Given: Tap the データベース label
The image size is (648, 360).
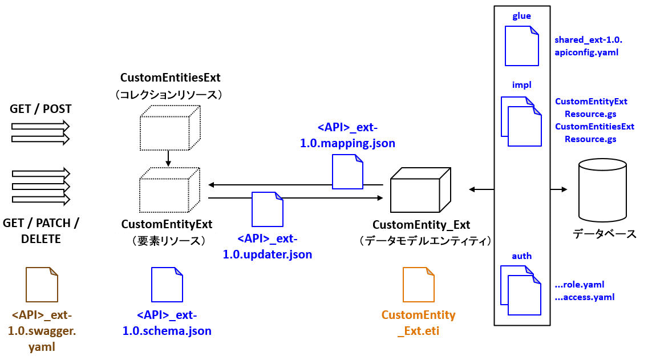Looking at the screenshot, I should [x=604, y=234].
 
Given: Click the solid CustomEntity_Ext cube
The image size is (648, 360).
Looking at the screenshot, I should [x=420, y=191].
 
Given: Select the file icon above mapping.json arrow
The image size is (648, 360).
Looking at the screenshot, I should [x=347, y=172].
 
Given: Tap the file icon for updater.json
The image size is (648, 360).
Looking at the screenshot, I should [x=268, y=209].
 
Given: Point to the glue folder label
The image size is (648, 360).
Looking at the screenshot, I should [x=521, y=16].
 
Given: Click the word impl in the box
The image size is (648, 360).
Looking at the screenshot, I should [x=521, y=85].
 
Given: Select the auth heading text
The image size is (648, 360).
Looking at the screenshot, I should [x=521, y=256].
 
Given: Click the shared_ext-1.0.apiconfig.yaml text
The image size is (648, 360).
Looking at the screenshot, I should [x=588, y=46].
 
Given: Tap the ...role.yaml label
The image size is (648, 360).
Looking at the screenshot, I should [x=579, y=284].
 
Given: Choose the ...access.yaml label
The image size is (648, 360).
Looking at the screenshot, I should [x=584, y=297].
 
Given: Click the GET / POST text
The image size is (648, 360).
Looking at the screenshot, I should [x=40, y=109].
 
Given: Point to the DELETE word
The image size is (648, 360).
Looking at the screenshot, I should [x=40, y=239].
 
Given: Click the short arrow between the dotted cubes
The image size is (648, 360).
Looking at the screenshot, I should [x=168, y=159].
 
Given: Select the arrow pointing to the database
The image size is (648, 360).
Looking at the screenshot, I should [x=559, y=189].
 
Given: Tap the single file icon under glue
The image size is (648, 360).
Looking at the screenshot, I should [x=521, y=47].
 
